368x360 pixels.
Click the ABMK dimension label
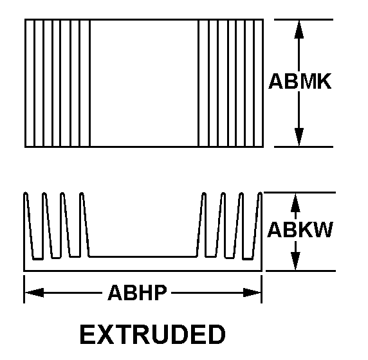tap(300, 81)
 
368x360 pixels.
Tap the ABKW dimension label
tap(300, 230)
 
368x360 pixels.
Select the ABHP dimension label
tap(137, 292)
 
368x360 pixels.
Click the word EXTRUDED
tap(152, 334)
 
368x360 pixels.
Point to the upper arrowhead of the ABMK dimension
tap(299, 29)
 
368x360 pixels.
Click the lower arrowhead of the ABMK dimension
tap(299, 137)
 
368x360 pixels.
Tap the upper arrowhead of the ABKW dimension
tap(295, 203)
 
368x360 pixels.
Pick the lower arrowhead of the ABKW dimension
tap(295, 261)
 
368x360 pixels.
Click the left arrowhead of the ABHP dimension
tap(34, 292)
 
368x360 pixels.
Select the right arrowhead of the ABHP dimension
tap(252, 292)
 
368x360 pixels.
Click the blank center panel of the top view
tap(144, 83)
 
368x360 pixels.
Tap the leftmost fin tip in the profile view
tap(26, 194)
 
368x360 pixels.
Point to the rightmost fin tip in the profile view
tap(260, 194)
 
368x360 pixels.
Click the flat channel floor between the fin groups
tap(143, 256)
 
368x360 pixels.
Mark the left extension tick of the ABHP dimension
tap(24, 289)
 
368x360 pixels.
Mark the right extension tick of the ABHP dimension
tap(262, 289)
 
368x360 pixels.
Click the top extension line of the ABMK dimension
tap(304, 19)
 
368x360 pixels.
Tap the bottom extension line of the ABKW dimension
tap(300, 271)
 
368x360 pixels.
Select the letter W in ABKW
tap(323, 230)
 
